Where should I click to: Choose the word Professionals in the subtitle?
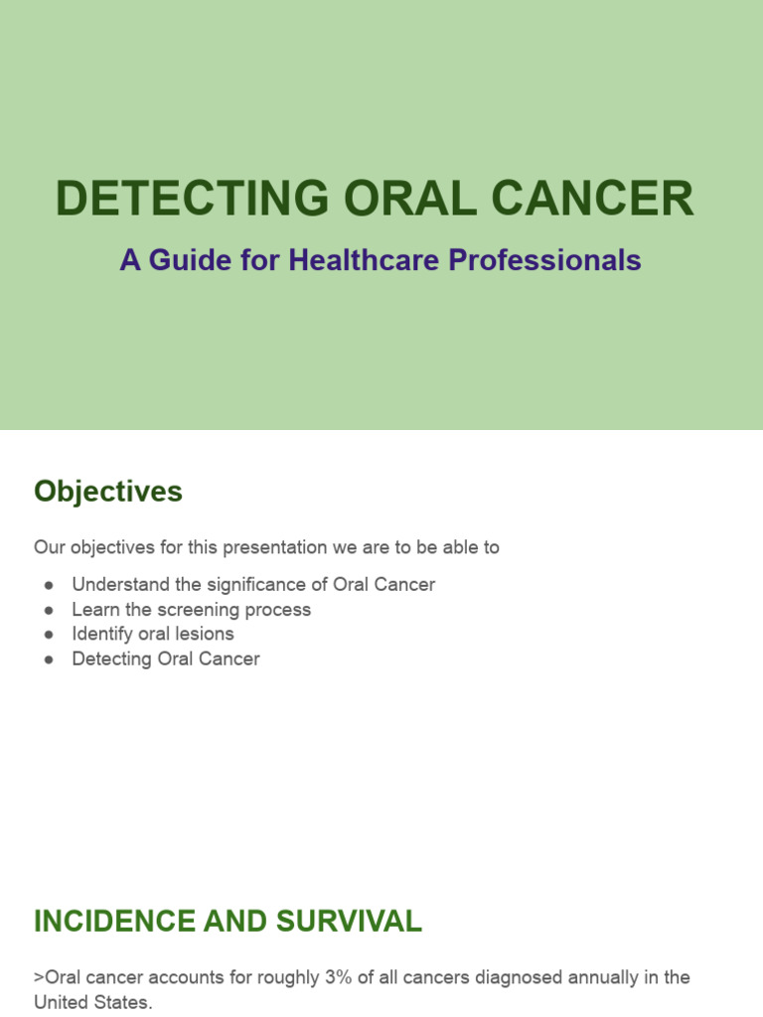point(544,260)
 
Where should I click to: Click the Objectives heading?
point(108,492)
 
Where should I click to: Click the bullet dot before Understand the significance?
point(48,585)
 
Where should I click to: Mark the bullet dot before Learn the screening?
point(48,610)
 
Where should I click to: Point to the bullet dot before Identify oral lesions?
point(48,635)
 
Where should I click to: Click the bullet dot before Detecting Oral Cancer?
point(48,659)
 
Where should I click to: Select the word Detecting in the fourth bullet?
point(110,659)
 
